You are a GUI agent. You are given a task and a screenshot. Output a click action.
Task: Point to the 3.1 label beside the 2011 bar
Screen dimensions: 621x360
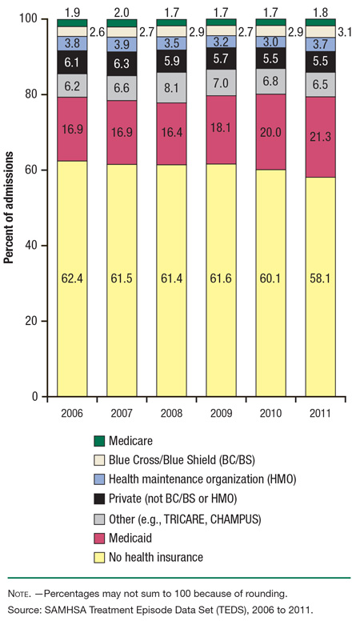click(346, 31)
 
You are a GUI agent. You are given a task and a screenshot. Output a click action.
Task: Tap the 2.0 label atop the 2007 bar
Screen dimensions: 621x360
click(121, 13)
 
